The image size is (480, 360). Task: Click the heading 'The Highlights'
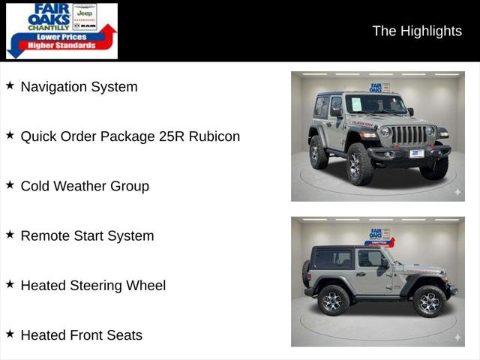[x=417, y=31]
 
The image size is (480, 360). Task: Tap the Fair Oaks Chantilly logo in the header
[x=61, y=31]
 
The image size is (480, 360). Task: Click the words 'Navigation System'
[x=79, y=87]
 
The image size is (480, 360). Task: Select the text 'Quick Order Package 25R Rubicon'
[x=130, y=136]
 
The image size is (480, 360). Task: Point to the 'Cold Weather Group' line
[x=85, y=186]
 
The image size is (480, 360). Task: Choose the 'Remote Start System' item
[x=87, y=235]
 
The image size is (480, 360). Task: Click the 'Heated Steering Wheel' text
[x=93, y=285]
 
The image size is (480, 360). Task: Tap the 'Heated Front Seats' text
[x=81, y=335]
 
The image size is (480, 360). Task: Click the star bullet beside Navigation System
[x=10, y=85]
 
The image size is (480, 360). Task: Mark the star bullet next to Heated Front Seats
[x=10, y=334]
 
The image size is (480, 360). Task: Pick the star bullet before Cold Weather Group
[x=10, y=184]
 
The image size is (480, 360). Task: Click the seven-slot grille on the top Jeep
[x=408, y=135]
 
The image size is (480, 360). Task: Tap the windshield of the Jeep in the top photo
[x=376, y=104]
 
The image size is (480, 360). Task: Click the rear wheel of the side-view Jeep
[x=332, y=300]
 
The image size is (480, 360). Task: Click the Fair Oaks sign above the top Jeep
[x=379, y=88]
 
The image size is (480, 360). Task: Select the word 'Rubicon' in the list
[x=214, y=136]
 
